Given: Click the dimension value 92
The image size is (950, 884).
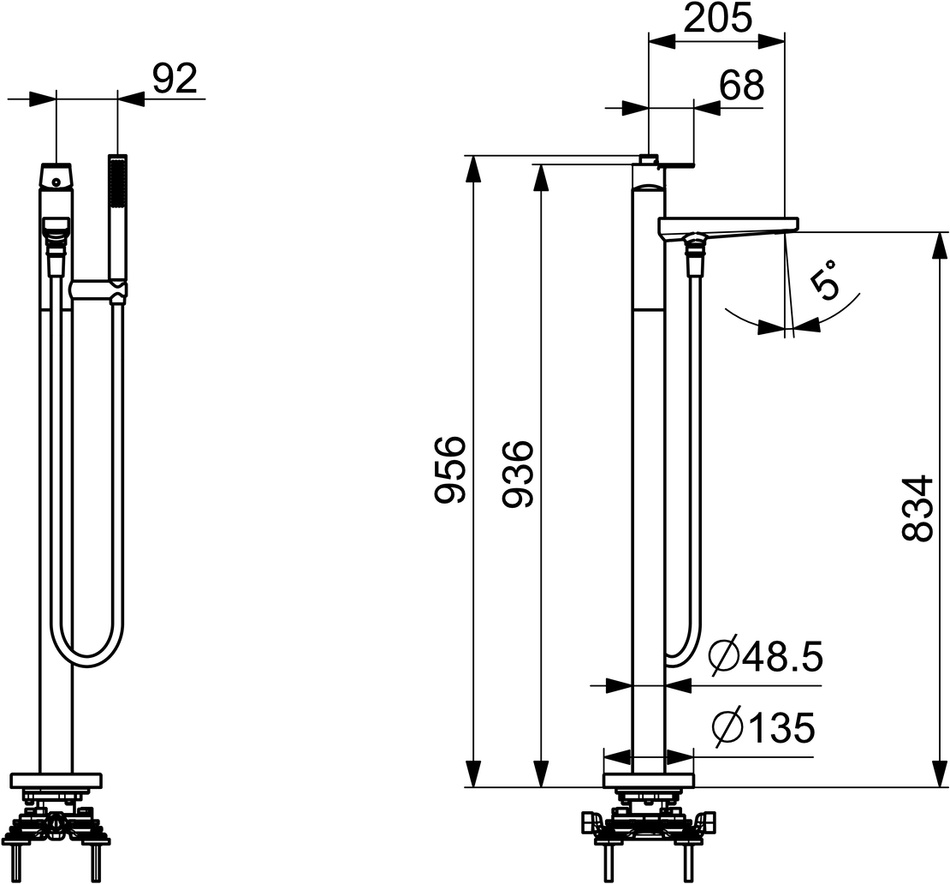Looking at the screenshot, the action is pos(175,79).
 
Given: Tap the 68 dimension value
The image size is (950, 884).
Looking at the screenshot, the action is pos(741,86).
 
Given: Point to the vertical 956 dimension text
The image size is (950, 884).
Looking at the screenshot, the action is pos(450,469).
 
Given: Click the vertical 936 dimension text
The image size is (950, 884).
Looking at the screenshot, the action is pos(518,474).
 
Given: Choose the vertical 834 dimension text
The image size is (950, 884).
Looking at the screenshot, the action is pos(916,508).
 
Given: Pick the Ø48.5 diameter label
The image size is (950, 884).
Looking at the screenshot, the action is pos(767,657).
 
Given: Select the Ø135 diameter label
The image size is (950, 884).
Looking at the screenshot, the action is pos(763,727).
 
